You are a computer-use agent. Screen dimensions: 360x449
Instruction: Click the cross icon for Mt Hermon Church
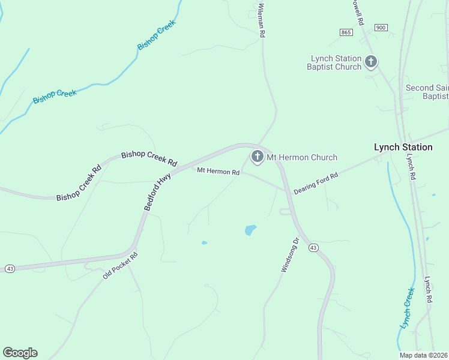point(257,157)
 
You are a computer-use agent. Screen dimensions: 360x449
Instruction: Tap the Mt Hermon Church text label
point(301,158)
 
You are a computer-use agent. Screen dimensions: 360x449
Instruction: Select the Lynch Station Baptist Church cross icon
point(371,61)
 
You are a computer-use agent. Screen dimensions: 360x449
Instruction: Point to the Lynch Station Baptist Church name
point(335,62)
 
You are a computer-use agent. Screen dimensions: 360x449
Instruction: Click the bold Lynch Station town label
point(403,147)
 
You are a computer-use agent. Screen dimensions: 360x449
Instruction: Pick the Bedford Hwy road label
point(158,191)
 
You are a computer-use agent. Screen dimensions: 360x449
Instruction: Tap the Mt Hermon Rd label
point(218,172)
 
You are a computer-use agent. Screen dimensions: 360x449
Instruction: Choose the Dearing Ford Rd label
point(316,184)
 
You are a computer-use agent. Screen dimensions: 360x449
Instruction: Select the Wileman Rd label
point(262,20)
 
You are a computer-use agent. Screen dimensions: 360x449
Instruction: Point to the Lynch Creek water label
point(407,308)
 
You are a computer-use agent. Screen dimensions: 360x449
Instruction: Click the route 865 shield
point(345,32)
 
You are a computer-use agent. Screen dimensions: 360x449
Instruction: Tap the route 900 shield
point(380,28)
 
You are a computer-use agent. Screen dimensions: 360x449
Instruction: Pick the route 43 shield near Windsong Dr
point(313,247)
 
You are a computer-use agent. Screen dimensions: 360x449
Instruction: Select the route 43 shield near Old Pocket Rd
point(10,269)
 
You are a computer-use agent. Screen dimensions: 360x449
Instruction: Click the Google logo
point(20,353)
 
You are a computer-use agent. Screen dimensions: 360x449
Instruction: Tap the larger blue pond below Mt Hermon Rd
point(250,230)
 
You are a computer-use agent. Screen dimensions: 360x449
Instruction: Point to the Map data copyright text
point(424,355)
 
